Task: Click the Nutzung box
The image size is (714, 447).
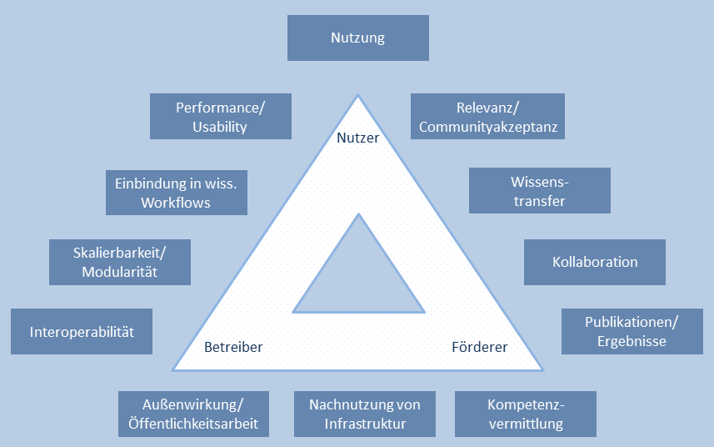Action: coord(357,38)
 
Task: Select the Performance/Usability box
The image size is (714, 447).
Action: coord(220,116)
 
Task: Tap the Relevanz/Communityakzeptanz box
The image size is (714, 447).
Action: coord(487,116)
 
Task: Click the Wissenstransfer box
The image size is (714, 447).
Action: coord(539,191)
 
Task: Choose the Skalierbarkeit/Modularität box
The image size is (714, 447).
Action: coord(120,262)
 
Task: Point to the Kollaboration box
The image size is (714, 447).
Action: coord(594,262)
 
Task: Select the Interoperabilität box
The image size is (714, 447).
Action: coord(81,331)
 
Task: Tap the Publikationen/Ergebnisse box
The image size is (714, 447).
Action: coord(632,331)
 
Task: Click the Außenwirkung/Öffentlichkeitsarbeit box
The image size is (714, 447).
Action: coord(193,414)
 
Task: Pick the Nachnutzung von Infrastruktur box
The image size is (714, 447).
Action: coord(364,414)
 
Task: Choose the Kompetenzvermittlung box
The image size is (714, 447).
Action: coord(525,414)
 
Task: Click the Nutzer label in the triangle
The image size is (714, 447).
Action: coord(357,138)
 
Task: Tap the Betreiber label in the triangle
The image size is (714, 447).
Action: coord(233,347)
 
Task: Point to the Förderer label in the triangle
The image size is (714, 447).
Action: coord(479,347)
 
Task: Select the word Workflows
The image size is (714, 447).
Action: coord(176,203)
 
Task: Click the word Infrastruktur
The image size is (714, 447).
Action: coord(364,424)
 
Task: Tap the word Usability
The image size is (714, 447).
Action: coord(220,127)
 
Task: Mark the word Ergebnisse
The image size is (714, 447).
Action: coord(632,341)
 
